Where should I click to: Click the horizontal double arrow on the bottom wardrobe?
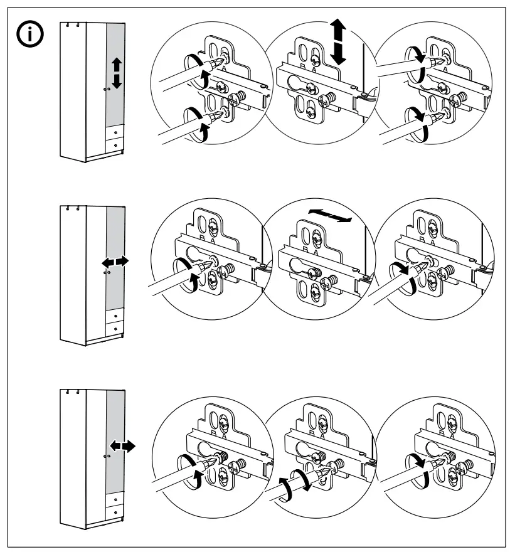click(x=122, y=446)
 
